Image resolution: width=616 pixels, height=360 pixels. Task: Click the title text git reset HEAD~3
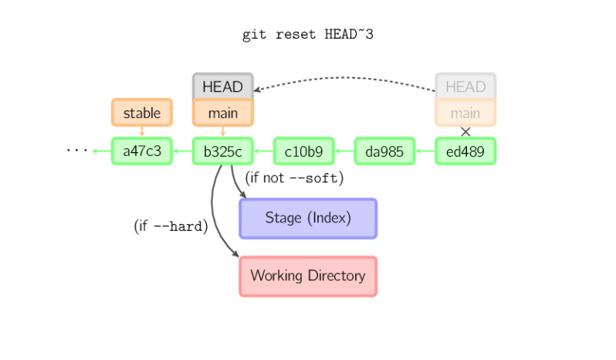308,35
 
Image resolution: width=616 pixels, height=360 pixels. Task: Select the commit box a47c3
142,151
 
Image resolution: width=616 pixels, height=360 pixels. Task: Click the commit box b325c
222,151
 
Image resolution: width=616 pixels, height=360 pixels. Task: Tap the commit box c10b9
303,151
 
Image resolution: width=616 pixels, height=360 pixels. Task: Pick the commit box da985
384,151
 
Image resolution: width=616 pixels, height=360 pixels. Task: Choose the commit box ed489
465,151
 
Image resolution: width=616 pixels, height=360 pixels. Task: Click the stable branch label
142,113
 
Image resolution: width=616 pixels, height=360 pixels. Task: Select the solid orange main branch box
222,113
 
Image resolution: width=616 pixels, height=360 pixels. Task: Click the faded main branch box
465,113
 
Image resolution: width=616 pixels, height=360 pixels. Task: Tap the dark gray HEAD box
222,87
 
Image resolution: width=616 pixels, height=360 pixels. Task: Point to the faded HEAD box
465,87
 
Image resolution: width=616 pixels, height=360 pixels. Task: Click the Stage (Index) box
308,219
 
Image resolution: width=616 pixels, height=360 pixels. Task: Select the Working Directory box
308,276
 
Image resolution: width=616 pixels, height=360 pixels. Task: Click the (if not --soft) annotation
293,178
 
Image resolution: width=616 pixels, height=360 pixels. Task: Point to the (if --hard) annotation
171,226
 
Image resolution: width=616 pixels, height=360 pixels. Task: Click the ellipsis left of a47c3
77,150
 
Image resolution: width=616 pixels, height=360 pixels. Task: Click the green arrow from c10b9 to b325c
263,151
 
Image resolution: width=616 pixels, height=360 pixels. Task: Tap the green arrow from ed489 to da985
425,151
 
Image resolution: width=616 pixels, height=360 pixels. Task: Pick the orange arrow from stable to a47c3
142,132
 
